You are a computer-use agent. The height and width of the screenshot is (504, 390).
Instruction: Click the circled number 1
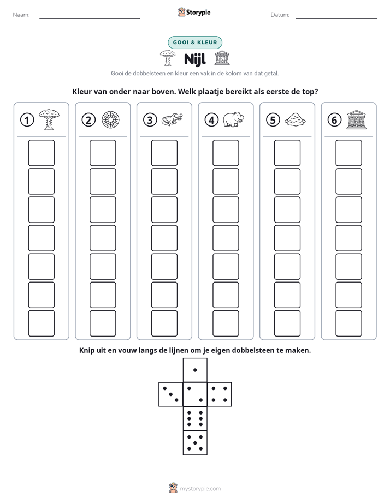[x=27, y=120]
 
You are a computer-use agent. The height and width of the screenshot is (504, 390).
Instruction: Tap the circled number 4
[x=211, y=120]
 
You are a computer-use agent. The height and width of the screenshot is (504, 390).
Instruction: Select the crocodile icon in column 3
[x=172, y=119]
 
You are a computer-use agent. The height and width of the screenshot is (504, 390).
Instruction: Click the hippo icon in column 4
[x=233, y=119]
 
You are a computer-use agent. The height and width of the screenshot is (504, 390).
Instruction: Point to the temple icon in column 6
[x=356, y=120]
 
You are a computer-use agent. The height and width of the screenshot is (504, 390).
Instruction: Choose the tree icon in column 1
[x=49, y=119]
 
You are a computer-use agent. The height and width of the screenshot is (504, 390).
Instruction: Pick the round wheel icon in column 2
[x=110, y=120]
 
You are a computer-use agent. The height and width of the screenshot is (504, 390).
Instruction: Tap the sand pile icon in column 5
[x=295, y=119]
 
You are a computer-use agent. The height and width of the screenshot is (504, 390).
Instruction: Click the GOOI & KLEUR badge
[x=195, y=43]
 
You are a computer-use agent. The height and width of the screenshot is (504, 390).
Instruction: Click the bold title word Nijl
[x=195, y=59]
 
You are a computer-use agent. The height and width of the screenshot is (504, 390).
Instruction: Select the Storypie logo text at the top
[x=198, y=13]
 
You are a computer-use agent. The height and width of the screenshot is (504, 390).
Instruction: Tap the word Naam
[x=21, y=15]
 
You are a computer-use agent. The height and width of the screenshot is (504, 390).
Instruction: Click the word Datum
[x=280, y=15]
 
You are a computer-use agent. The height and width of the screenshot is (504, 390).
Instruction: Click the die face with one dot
[x=195, y=370]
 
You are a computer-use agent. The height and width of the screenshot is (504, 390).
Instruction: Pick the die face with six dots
[x=195, y=418]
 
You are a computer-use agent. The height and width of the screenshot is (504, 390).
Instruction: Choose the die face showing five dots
[x=195, y=442]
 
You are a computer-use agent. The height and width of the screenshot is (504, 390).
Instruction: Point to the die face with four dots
[x=220, y=394]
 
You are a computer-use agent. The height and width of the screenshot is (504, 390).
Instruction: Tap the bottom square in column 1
[x=42, y=323]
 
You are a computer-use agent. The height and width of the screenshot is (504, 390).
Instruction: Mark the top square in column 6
[x=349, y=153]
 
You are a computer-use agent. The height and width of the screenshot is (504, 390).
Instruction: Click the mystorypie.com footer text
[x=200, y=489]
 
